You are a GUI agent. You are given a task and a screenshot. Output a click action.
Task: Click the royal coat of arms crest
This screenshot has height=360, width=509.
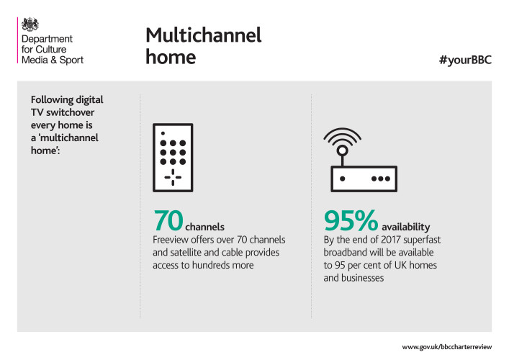pyautogui.click(x=30, y=24)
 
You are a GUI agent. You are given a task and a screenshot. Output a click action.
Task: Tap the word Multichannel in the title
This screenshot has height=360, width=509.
pyautogui.click(x=204, y=35)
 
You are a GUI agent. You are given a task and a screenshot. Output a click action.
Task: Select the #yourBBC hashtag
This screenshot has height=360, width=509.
pyautogui.click(x=465, y=60)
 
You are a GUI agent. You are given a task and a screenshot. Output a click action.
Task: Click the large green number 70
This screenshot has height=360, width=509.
pyautogui.click(x=168, y=220)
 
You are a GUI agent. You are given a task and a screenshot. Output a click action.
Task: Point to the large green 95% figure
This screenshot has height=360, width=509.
pyautogui.click(x=351, y=220)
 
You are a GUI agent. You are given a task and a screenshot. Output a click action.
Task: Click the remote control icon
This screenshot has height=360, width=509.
pyautogui.click(x=173, y=158)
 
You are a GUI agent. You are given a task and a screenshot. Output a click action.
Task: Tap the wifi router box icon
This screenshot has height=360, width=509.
pyautogui.click(x=364, y=179)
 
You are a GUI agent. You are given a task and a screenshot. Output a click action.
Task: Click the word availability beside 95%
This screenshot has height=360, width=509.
pyautogui.click(x=405, y=227)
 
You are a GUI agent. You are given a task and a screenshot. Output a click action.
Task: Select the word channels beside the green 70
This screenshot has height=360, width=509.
pyautogui.click(x=204, y=227)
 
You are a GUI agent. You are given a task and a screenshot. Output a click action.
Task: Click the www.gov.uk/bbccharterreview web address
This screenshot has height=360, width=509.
pyautogui.click(x=446, y=347)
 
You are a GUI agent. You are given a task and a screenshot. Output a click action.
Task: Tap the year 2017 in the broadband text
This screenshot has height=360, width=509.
pyautogui.click(x=391, y=240)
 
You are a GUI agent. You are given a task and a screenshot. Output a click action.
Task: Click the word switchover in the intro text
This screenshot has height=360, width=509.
pyautogui.click(x=70, y=112)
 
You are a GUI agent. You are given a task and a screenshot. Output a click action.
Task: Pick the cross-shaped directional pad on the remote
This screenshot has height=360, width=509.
pyautogui.click(x=173, y=177)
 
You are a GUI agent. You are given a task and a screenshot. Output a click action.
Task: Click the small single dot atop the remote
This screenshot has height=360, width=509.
pyautogui.click(x=163, y=133)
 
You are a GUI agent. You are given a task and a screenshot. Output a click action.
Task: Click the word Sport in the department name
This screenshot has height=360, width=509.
pyautogui.click(x=71, y=60)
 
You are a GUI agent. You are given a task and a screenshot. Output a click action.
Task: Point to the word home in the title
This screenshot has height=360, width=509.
pyautogui.click(x=171, y=57)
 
